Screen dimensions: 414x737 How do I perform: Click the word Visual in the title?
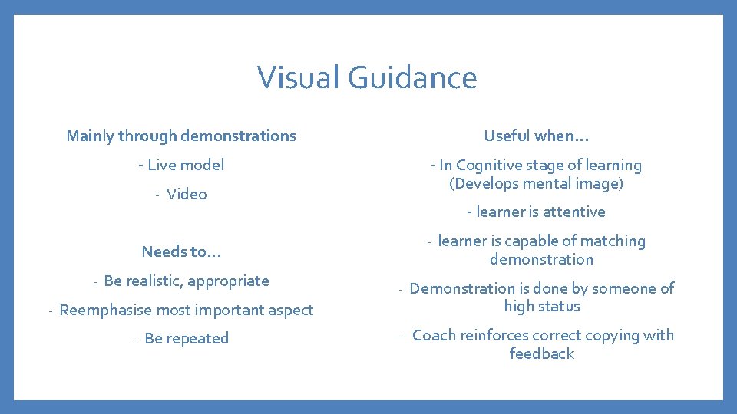299,77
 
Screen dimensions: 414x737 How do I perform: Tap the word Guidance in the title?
412,77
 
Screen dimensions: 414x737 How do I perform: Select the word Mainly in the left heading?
90,136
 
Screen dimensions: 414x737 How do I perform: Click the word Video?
187,194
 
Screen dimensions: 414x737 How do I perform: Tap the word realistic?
152,281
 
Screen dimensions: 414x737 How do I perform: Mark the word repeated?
197,339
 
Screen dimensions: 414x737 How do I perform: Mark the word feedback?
541,353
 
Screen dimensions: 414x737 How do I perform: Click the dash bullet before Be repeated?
135,339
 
